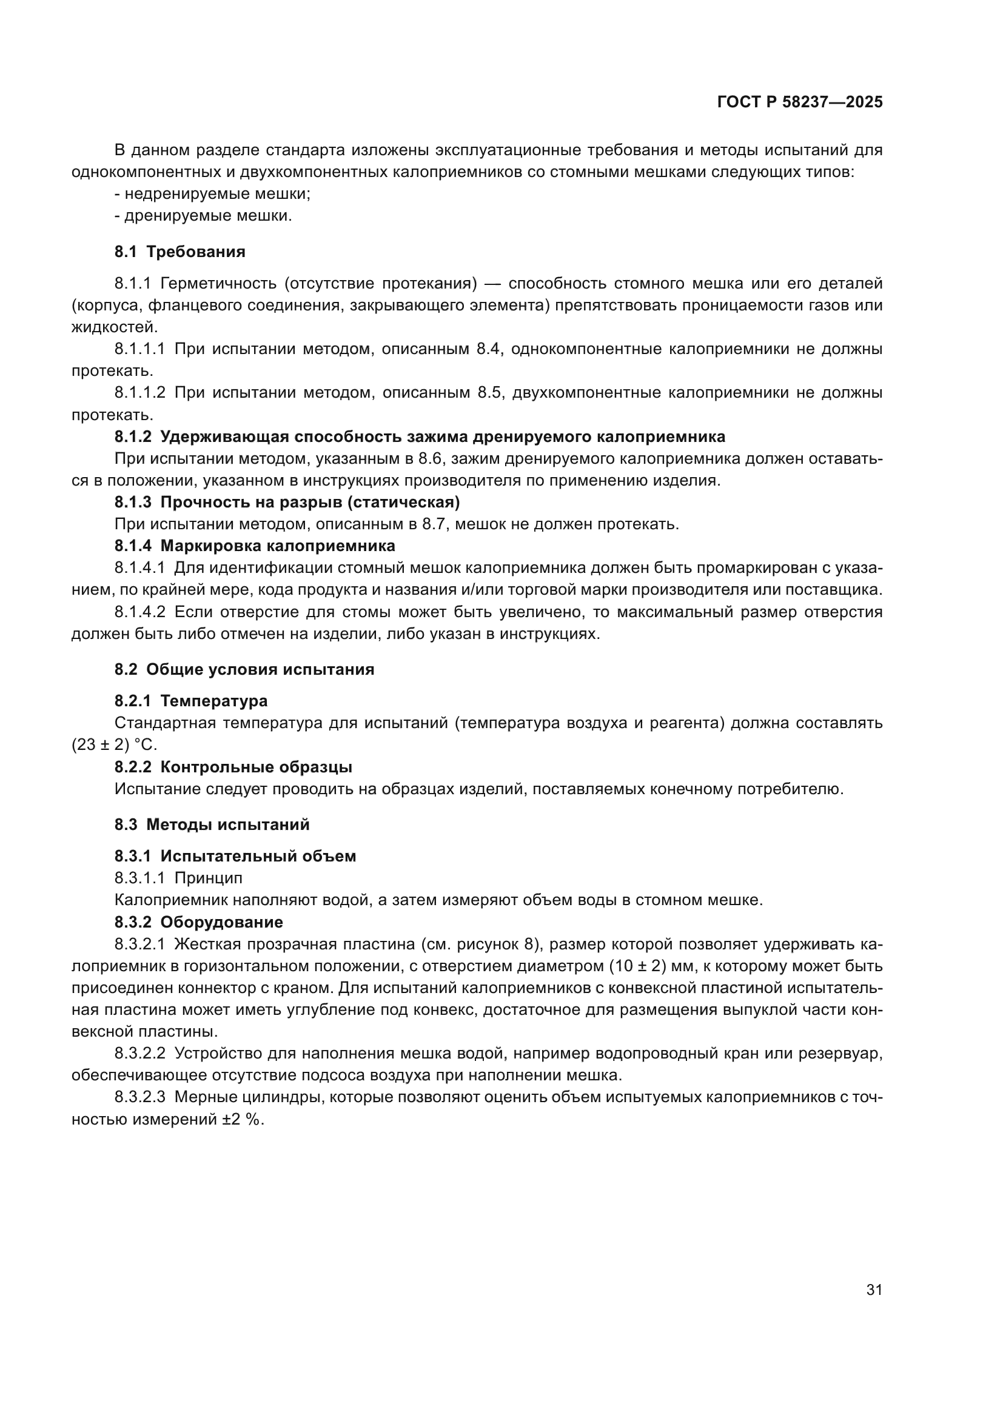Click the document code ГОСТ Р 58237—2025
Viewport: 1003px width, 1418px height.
(x=800, y=102)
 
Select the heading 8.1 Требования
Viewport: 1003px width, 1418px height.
(x=179, y=252)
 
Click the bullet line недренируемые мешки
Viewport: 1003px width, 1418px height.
(x=213, y=194)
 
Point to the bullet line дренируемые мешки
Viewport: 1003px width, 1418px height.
(x=203, y=216)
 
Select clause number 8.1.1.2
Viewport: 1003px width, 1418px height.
(x=140, y=393)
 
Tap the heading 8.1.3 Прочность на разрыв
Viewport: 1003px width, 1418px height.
(x=287, y=502)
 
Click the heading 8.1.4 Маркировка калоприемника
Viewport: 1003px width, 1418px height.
(x=255, y=546)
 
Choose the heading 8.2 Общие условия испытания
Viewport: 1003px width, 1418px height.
(x=244, y=669)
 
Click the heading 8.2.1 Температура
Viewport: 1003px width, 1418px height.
(x=191, y=701)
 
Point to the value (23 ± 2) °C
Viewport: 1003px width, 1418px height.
(x=114, y=745)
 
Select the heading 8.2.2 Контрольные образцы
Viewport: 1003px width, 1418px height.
(x=233, y=767)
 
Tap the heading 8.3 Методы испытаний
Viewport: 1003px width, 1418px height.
(x=212, y=824)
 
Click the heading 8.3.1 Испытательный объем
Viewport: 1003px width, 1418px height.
(x=235, y=856)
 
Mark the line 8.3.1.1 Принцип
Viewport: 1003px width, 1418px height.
(x=178, y=878)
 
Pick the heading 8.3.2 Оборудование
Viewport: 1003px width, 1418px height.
(x=199, y=922)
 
